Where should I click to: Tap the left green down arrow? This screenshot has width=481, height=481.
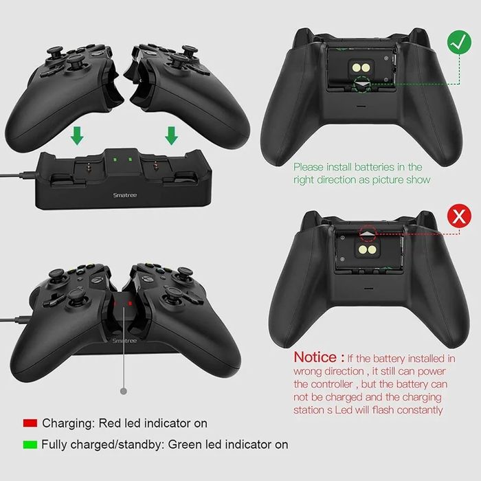tap(78, 137)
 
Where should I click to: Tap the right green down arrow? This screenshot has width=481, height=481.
tap(172, 137)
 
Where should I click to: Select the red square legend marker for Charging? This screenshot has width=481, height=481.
tap(29, 423)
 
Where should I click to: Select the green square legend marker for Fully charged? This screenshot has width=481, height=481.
tap(29, 445)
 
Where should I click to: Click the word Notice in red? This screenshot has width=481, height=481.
tap(319, 357)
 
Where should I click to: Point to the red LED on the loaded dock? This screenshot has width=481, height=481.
tap(124, 302)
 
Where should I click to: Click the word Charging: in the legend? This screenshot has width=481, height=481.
tap(69, 423)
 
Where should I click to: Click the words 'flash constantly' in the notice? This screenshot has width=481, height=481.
tap(404, 410)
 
